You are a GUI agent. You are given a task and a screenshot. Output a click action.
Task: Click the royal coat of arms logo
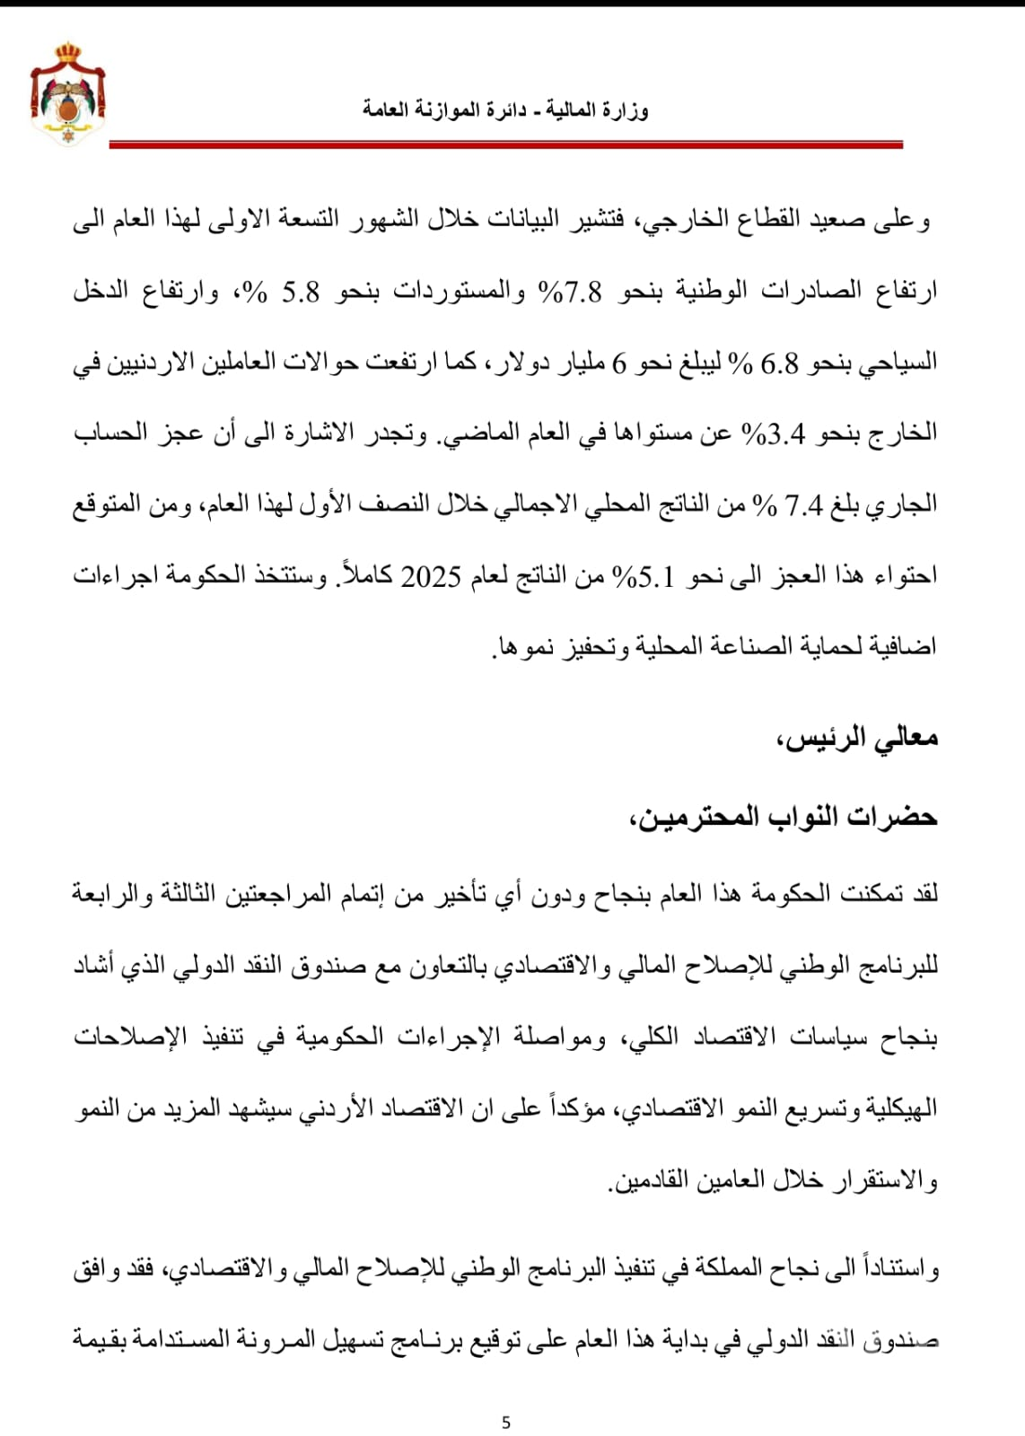[67, 92]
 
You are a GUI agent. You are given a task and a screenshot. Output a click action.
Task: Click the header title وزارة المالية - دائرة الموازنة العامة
[505, 109]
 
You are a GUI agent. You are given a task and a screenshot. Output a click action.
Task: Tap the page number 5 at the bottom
[506, 1423]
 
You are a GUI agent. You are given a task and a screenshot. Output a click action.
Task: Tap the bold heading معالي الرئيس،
[856, 738]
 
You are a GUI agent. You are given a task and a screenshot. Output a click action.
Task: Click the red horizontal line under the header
[505, 144]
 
